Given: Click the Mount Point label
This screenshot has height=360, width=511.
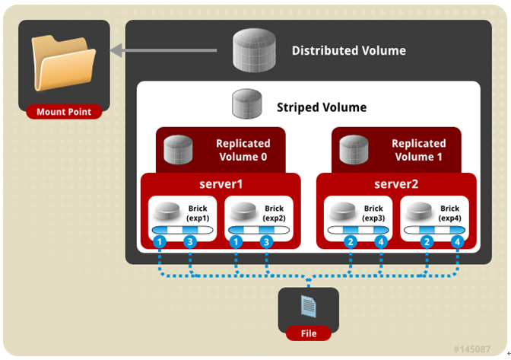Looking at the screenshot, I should point(64,112).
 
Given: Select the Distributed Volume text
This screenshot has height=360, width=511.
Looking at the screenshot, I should point(348,51).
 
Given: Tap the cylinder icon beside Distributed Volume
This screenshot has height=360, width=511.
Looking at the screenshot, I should point(255,50).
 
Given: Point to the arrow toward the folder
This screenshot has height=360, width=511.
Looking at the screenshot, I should point(167,51).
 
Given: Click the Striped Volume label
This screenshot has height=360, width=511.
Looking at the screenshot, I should point(321,107).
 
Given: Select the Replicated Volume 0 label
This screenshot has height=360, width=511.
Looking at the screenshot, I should point(243,149).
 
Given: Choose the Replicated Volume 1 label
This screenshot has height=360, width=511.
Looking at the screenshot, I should point(418,149).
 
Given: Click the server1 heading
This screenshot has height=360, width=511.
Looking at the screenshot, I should point(221,185).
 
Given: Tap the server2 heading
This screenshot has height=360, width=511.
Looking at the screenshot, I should point(396,185).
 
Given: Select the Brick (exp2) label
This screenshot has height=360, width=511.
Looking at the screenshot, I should point(274,213).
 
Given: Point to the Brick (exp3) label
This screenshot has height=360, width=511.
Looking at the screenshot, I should point(373,213).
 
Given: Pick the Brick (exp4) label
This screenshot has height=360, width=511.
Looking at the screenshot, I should point(449,213).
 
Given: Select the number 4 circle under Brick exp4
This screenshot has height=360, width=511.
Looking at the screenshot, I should point(457,241).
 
